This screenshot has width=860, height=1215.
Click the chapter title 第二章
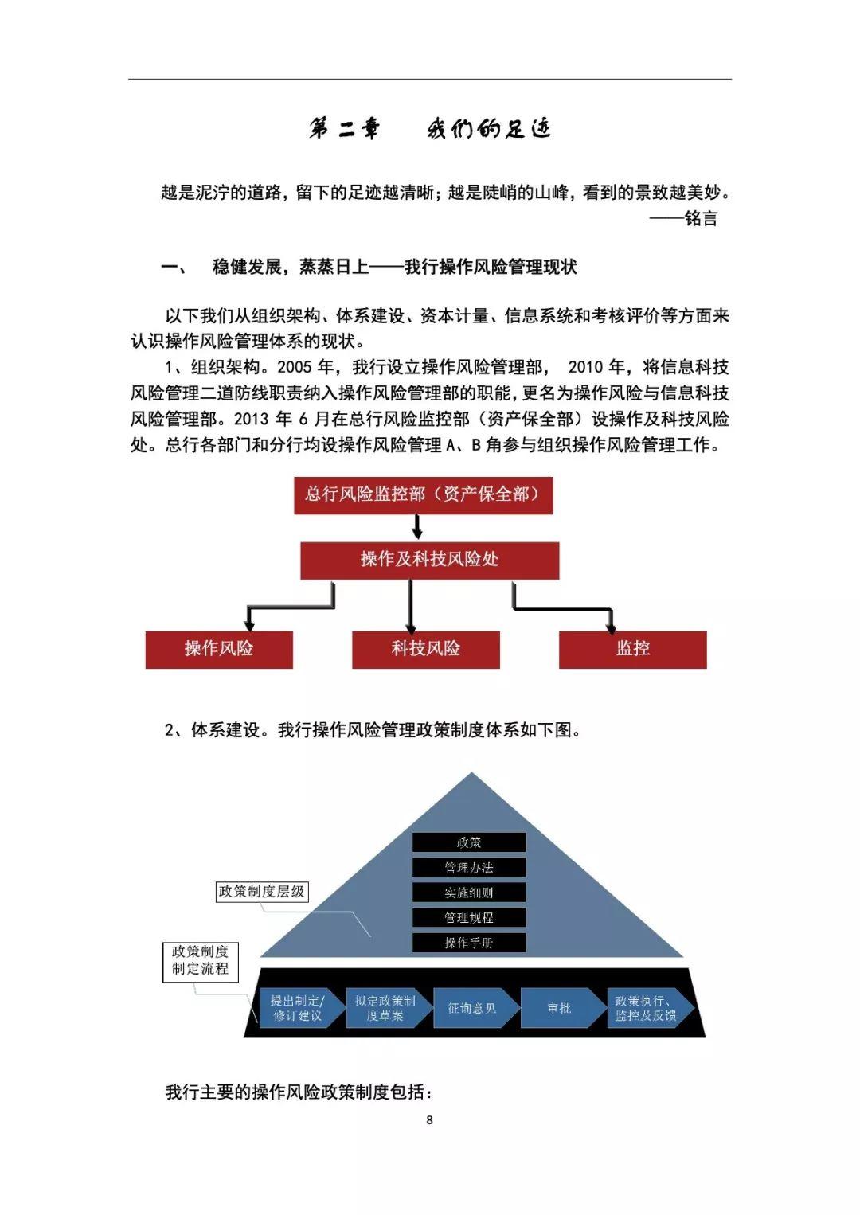click(x=345, y=129)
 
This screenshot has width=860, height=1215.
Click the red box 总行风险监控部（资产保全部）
click(x=423, y=495)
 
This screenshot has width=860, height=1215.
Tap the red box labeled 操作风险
click(x=219, y=649)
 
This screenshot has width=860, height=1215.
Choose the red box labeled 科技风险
click(x=426, y=649)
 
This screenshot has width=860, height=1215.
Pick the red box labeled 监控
click(x=632, y=649)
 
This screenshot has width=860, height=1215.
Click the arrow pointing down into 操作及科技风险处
click(x=416, y=526)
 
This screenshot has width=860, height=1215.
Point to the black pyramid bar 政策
click(x=469, y=842)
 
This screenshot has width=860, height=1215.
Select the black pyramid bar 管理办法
click(x=469, y=867)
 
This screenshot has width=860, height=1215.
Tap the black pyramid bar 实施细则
click(x=469, y=893)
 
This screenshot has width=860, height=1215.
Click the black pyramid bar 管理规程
click(x=469, y=917)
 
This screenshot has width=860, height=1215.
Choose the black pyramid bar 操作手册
click(x=469, y=942)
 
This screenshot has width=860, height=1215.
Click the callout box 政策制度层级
click(x=262, y=891)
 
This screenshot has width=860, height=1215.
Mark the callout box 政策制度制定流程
click(x=200, y=962)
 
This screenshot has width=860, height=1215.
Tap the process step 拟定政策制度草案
click(x=389, y=1008)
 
